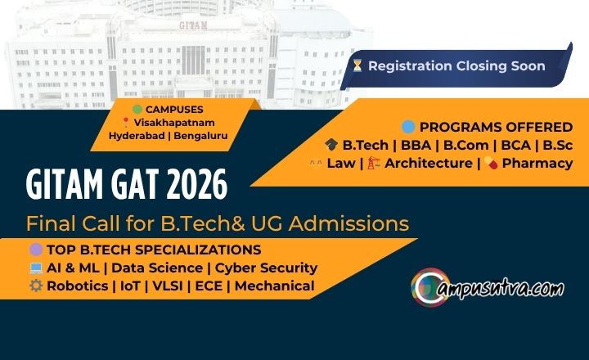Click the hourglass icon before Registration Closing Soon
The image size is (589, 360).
pos(357,65)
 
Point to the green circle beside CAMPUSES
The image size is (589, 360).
pos(137,108)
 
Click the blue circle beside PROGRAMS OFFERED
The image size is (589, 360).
pos(408,127)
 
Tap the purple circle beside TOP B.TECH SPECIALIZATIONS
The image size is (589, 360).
pos(35,250)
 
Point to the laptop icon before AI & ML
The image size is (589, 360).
pos(35,268)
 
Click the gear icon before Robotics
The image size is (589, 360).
pos(35,286)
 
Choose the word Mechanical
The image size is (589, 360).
pos(275,286)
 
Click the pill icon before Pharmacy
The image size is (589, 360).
pos(491,163)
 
